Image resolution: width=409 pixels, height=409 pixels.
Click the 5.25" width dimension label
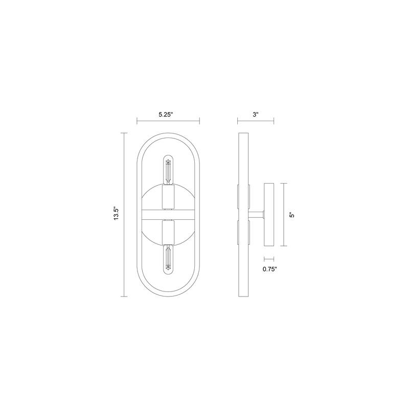[166, 114]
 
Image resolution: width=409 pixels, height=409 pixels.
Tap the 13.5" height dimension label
[117, 214]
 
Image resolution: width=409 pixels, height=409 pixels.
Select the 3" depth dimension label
[255, 114]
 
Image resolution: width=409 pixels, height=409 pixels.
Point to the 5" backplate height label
[292, 215]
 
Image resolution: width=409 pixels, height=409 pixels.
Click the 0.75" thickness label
[269, 269]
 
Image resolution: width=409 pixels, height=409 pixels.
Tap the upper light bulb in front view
[168, 170]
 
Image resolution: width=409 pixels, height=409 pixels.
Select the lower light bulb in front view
[168, 260]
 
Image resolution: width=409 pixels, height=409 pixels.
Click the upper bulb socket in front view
[168, 197]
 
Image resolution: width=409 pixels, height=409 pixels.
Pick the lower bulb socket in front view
[168, 233]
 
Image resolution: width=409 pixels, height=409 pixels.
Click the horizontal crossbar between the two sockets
[168, 215]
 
